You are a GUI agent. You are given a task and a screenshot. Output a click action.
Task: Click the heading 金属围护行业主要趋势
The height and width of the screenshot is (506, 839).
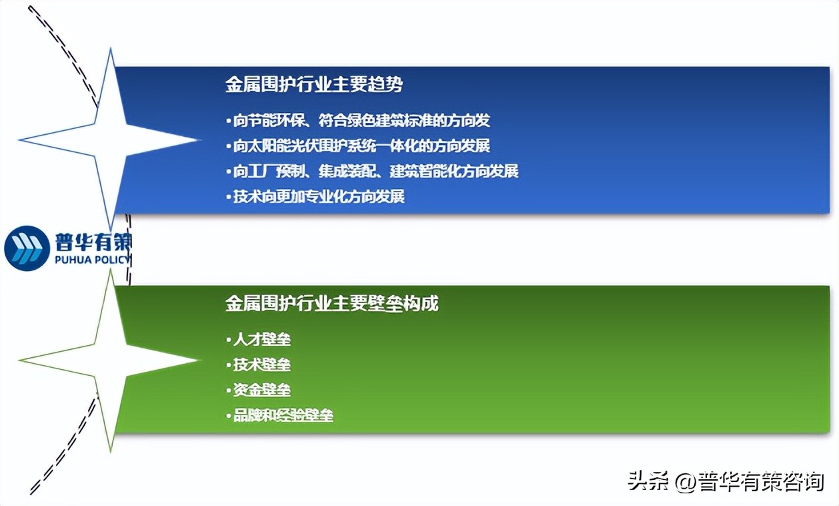click(313, 85)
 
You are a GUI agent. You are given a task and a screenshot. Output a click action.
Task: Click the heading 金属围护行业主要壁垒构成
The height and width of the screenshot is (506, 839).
click(331, 304)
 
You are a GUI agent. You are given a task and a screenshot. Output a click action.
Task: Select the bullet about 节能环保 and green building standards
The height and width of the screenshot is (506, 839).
click(361, 120)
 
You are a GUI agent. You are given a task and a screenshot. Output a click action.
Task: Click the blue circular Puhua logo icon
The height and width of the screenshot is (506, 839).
click(27, 248)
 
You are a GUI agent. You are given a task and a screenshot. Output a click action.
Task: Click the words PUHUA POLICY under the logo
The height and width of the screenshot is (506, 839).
click(92, 260)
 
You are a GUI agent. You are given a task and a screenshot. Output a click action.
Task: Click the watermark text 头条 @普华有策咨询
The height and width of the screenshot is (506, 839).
click(726, 481)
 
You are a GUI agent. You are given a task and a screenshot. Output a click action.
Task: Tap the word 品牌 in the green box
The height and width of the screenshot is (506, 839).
click(244, 415)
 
